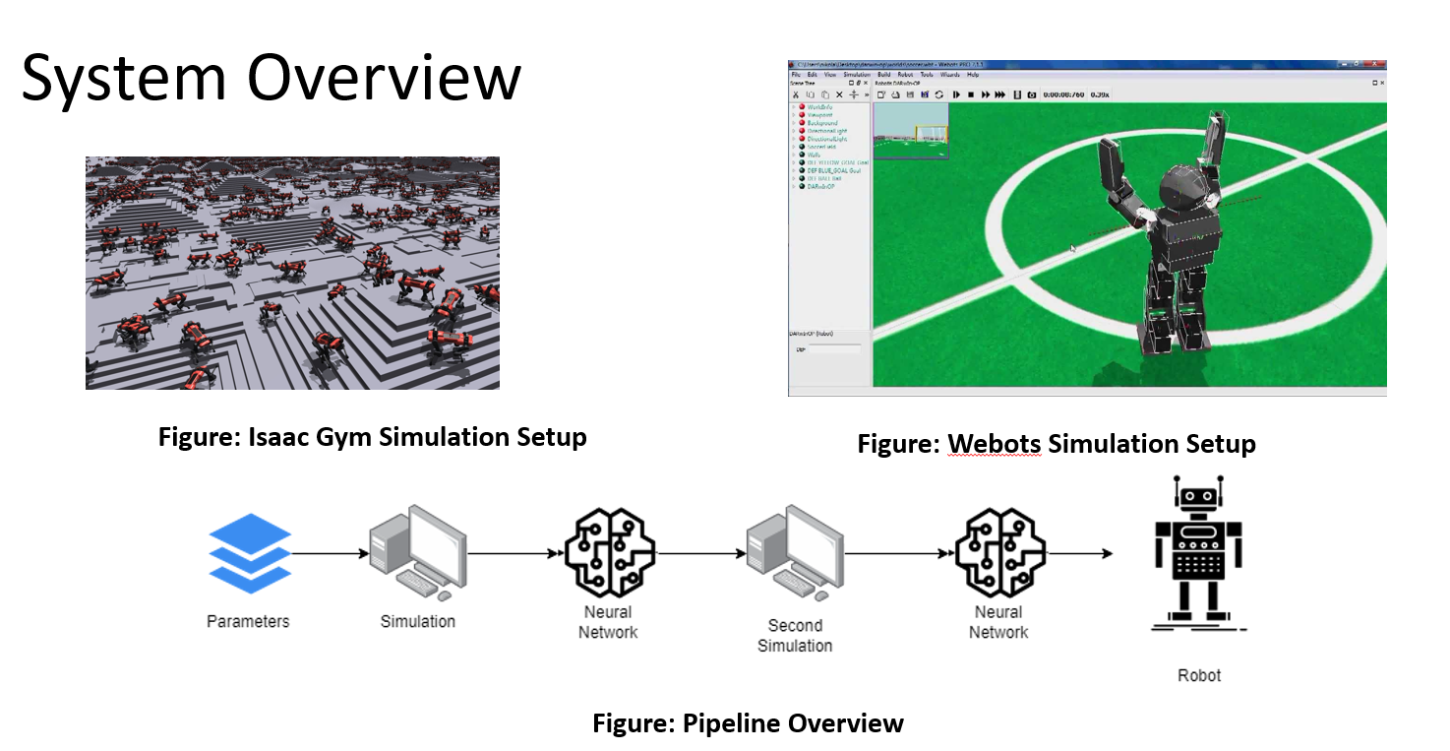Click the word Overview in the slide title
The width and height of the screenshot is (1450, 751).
click(x=385, y=79)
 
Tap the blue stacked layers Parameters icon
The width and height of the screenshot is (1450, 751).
click(x=250, y=552)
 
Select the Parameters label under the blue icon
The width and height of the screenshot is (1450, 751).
click(x=248, y=621)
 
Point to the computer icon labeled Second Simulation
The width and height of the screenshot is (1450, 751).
click(x=795, y=552)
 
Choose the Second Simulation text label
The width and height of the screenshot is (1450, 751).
click(x=795, y=635)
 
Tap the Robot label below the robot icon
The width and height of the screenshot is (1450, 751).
click(x=1199, y=675)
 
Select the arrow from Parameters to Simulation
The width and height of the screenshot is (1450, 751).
click(x=331, y=553)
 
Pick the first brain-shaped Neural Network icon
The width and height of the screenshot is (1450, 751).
click(x=609, y=552)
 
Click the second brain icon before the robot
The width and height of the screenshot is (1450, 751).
click(x=999, y=552)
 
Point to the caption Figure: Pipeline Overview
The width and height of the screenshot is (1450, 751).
click(x=748, y=724)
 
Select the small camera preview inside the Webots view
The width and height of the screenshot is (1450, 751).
click(x=911, y=131)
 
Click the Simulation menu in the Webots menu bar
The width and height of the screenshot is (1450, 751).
click(x=857, y=75)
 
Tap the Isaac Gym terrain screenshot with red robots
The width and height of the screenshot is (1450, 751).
click(x=292, y=273)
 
